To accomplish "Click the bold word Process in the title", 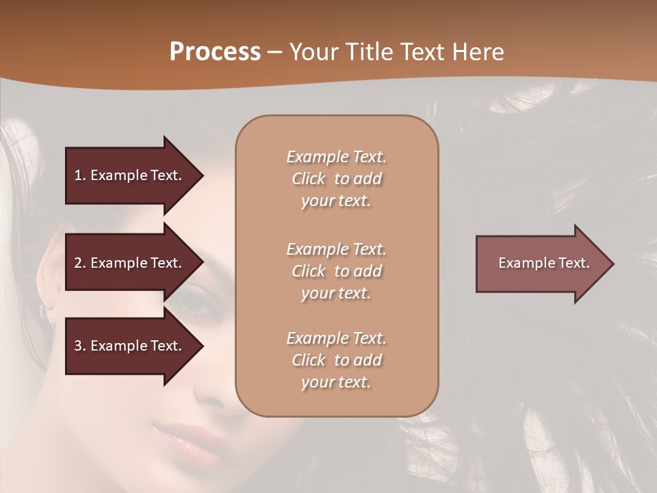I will point(215,51).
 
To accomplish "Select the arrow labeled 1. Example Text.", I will point(130,175).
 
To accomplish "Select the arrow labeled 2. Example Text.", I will point(130,263).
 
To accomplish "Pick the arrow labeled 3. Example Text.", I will point(130,346).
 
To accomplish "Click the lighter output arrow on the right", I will point(541,264).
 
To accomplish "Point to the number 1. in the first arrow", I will point(80,175).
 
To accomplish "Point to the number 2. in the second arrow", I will point(80,263).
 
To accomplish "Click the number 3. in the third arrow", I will point(80,346).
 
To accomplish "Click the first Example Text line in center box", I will point(336,157).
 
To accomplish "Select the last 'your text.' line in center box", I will point(336,382).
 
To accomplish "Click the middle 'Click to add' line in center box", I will point(336,271).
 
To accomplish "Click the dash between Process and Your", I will point(274,52).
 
